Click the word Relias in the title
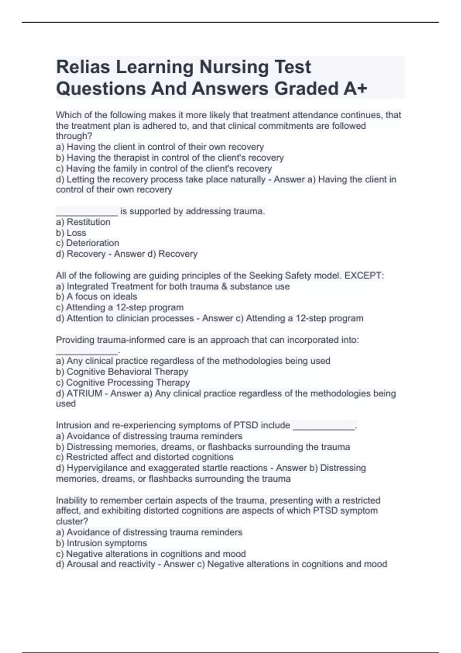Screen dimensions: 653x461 [x=83, y=67]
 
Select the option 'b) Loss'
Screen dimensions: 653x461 [x=71, y=233]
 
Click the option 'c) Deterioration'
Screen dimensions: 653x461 [x=88, y=243]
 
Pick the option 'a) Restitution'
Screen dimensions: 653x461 [x=83, y=222]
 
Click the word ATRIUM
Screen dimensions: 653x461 [x=85, y=393]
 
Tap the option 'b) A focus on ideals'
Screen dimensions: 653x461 [x=96, y=297]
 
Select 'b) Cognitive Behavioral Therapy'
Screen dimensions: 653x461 [x=122, y=372]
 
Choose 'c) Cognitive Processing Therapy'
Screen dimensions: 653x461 [x=123, y=383]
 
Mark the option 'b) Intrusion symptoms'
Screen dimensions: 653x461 [x=101, y=543]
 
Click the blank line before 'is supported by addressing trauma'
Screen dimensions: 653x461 [x=87, y=212]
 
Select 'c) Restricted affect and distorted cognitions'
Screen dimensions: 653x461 [x=145, y=457]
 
